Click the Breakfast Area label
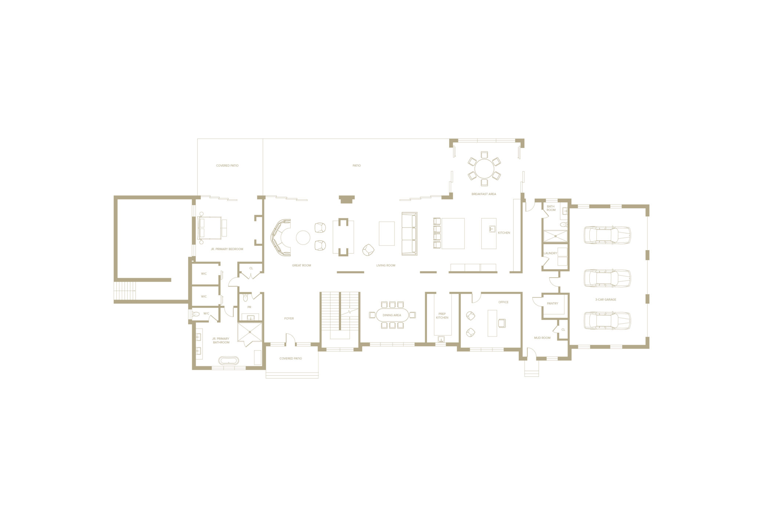(484, 194)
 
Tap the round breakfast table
(484, 169)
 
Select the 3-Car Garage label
(605, 300)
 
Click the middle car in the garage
(607, 278)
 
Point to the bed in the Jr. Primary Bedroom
(210, 228)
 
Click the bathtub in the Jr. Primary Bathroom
(229, 360)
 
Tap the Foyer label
(289, 318)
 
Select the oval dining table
(392, 315)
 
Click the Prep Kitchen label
(442, 316)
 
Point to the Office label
(503, 302)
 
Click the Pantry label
(553, 303)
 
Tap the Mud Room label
(542, 338)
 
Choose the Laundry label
(550, 253)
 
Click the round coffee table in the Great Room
(303, 238)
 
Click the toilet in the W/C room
(196, 314)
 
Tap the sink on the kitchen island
(492, 229)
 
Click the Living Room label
(386, 265)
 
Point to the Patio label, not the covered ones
(357, 166)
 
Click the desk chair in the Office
(502, 323)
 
